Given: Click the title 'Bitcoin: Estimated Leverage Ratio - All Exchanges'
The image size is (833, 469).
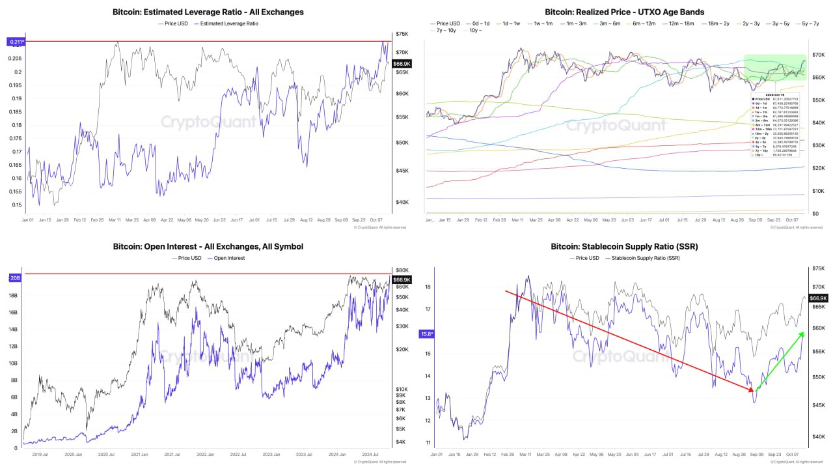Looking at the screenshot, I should coord(208,12).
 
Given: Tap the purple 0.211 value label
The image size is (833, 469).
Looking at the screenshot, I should coord(16,42).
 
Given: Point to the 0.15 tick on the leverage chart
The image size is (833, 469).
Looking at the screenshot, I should coord(16,205).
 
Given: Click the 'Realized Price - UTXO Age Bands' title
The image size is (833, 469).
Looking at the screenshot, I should coord(624,12).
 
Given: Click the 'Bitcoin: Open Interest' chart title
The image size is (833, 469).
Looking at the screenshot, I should coord(208,246).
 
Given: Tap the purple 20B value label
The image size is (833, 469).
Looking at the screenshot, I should coord(15,277).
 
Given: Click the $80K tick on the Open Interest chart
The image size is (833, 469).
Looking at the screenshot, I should coord(402,270).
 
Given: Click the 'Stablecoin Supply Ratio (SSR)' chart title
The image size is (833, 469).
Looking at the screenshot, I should coord(624,246).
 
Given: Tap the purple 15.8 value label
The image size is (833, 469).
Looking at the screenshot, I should coord(426,334).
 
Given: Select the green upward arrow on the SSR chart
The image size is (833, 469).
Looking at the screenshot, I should coord(778,361).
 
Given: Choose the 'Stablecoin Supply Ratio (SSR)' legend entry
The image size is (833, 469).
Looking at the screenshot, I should coord(643,258).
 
